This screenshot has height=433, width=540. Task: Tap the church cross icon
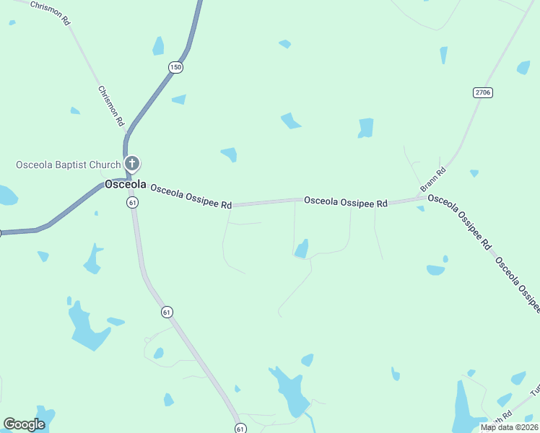131,163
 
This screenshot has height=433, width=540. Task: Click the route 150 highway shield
176,67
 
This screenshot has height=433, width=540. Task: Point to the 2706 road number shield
483,92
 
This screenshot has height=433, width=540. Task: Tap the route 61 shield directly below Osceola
133,203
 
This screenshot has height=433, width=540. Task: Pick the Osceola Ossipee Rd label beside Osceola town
191,196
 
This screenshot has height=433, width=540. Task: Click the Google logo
24,424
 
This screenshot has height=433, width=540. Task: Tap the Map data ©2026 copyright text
508,427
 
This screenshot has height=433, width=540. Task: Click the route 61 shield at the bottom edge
239,428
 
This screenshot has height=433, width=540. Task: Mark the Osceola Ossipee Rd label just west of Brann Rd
346,202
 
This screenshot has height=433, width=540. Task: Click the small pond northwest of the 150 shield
158,46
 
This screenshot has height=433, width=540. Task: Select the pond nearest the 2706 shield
523,68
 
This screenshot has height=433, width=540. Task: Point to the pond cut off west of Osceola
6,196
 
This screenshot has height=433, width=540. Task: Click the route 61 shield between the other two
167,312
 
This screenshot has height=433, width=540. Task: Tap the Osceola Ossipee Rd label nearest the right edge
518,284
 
